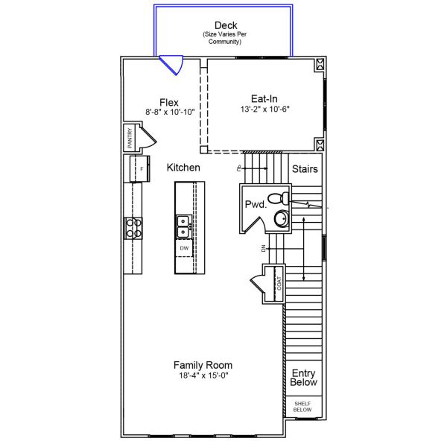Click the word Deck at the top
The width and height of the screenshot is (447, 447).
pos(226,25)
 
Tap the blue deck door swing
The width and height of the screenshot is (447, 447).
pos(173,66)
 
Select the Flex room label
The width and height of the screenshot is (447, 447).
pos(169,102)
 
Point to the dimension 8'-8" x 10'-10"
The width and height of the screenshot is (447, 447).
pos(170,112)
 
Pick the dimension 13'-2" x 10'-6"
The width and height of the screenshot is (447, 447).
pos(264,109)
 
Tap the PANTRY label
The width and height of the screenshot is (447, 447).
pos(129,138)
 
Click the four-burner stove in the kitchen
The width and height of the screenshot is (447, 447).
pos(133,227)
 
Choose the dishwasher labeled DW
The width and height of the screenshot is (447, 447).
pos(184,247)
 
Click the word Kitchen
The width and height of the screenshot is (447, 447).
pos(183,168)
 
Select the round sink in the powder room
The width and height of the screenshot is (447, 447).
pos(281,218)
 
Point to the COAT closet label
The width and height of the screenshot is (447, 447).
pos(279,283)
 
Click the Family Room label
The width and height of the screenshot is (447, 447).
pos(203,365)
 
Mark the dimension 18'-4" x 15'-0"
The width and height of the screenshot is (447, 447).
pos(203,376)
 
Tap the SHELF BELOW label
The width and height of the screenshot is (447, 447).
pos(302,407)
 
